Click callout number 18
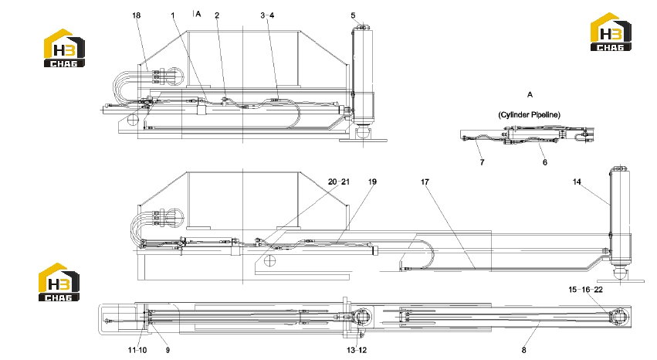pos(136,15)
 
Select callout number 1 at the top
pos(173,15)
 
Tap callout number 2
pos(217,15)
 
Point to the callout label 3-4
pos(267,15)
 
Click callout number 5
pos(354,15)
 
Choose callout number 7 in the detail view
pos(483,162)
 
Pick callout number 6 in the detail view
pos(545,162)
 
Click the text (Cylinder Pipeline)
pos(529,115)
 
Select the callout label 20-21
pos(339,182)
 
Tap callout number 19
pos(372,182)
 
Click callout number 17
pos(425,182)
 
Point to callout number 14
pos(577,182)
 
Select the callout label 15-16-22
pos(586,290)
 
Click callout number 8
pos(523,350)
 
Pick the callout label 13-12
pos(357,350)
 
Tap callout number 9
pos(168,350)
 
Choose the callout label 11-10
pos(137,350)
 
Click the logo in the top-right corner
pos(611,32)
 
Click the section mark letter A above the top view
pos(198,14)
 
